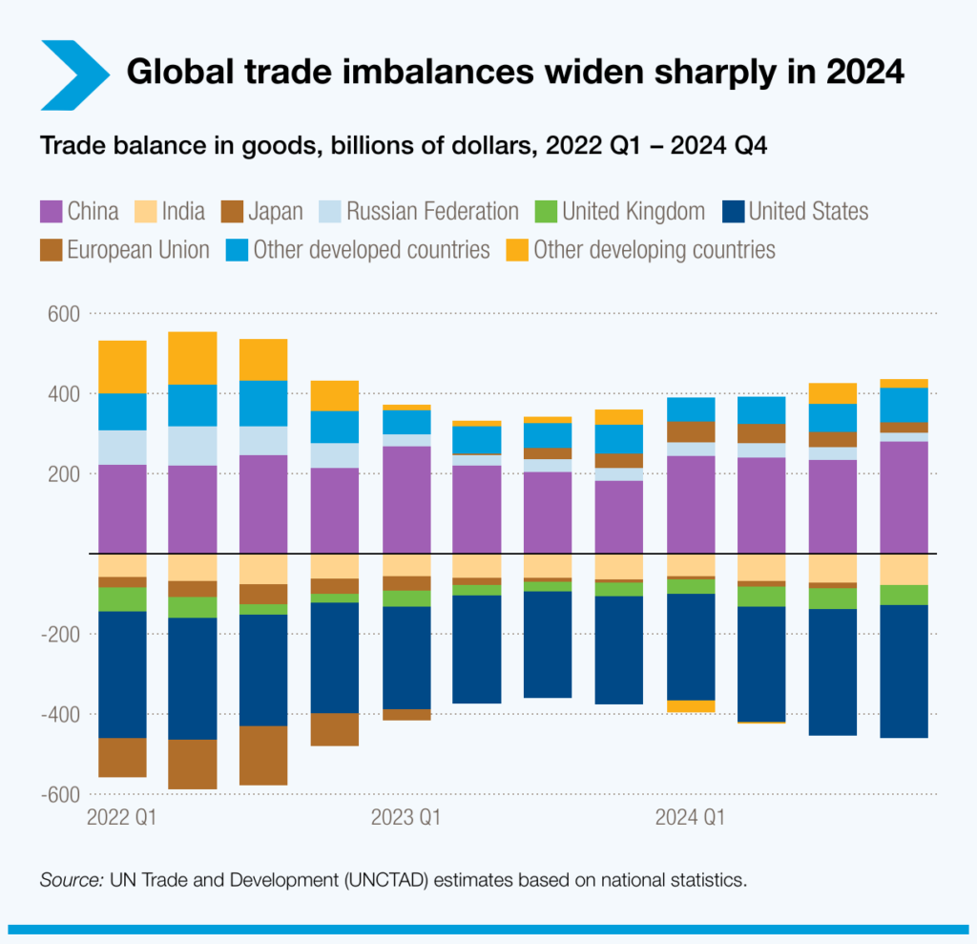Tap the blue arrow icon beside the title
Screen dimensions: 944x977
coord(74,73)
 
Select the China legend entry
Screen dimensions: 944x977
coord(80,211)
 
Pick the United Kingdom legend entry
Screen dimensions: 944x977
coord(620,211)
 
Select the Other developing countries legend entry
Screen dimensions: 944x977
coord(639,250)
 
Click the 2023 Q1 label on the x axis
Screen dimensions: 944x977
coord(405,817)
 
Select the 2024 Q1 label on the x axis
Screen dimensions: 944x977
coord(689,817)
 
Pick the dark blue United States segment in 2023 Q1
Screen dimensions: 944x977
coord(405,658)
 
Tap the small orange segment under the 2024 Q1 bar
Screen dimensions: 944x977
coord(690,706)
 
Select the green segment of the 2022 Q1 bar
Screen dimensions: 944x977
coord(122,598)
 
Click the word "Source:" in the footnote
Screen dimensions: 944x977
coord(73,880)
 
